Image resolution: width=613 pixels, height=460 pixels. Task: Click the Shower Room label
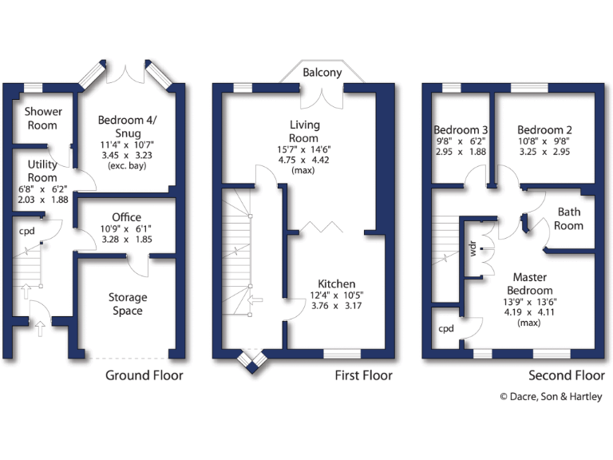[x=42, y=118]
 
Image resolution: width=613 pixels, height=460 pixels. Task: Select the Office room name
[x=126, y=217]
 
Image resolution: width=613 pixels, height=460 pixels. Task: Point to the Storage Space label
[x=128, y=304]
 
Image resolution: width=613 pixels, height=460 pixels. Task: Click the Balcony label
[x=322, y=73]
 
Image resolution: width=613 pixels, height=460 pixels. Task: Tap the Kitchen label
[x=336, y=284]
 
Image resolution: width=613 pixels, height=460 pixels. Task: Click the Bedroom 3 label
[x=461, y=130]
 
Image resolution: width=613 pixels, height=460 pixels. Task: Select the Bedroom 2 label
[x=544, y=130]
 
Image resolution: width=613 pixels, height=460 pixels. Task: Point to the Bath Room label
[x=570, y=219]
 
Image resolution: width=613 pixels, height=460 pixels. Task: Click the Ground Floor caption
[x=144, y=375]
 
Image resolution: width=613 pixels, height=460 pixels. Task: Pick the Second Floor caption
[x=567, y=375]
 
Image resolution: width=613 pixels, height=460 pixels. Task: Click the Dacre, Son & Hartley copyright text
[x=551, y=397]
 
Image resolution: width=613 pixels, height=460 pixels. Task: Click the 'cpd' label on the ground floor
[x=27, y=231]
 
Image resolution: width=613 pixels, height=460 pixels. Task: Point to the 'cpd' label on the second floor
[x=445, y=328]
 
